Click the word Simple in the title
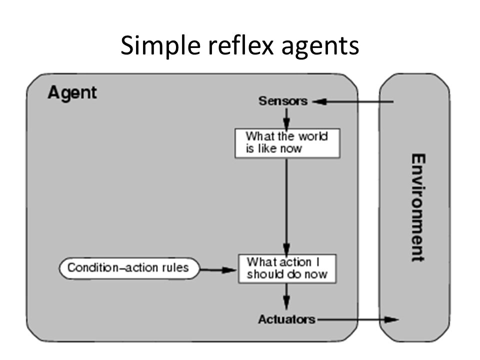click(x=161, y=46)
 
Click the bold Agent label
click(x=72, y=92)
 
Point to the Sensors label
click(x=283, y=100)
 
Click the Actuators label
click(x=286, y=319)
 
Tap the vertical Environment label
click(x=418, y=207)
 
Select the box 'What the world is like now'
click(x=287, y=143)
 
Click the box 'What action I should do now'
click(x=287, y=268)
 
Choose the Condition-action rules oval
click(x=129, y=268)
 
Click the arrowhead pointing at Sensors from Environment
click(x=319, y=101)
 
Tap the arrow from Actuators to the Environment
click(x=357, y=319)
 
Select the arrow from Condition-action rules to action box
click(x=217, y=270)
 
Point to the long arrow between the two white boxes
click(x=286, y=206)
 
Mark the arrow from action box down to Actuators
click(x=286, y=296)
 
